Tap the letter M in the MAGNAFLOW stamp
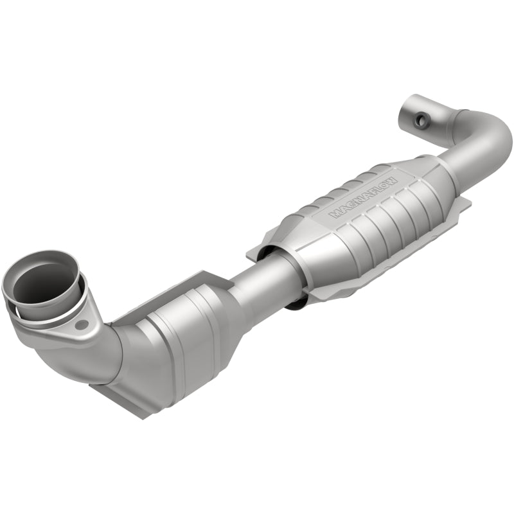pyautogui.click(x=336, y=214)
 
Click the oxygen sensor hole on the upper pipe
pyautogui.click(x=422, y=119)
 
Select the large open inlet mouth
pyautogui.click(x=40, y=283)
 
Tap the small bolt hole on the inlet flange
pyautogui.click(x=80, y=324)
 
